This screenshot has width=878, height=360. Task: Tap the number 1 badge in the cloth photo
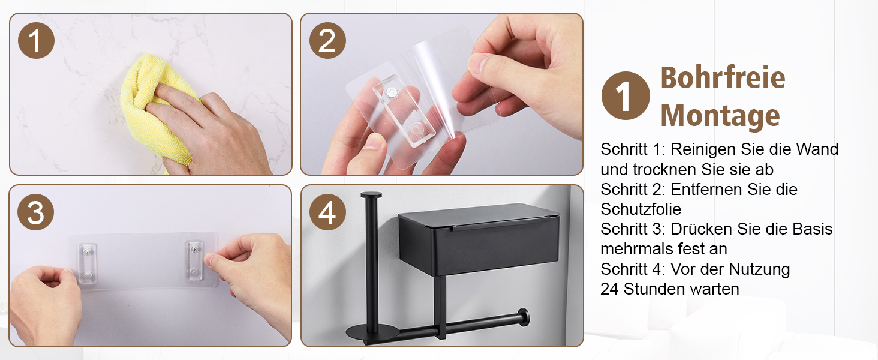[x=36, y=41]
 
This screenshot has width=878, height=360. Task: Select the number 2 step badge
[x=327, y=41]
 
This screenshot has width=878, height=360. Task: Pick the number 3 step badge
[x=35, y=212]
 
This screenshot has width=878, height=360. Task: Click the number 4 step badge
[x=327, y=212]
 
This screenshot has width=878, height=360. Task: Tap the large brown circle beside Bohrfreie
[x=626, y=95]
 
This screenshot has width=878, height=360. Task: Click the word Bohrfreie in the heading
[x=723, y=77]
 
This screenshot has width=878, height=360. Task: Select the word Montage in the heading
[x=720, y=116]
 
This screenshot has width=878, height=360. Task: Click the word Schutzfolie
[x=641, y=209]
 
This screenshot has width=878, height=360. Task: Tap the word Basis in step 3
[x=813, y=229]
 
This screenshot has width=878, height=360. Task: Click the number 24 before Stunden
[x=609, y=289]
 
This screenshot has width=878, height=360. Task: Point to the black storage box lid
[x=479, y=217]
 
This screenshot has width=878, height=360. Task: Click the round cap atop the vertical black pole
[x=371, y=194]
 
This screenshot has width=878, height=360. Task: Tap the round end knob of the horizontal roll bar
[x=522, y=317]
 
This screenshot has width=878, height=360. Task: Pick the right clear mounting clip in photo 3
[x=194, y=260]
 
